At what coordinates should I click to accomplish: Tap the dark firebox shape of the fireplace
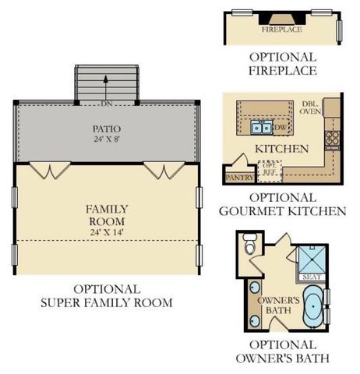pyautogui.click(x=281, y=16)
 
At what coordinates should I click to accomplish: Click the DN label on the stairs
pyautogui.click(x=106, y=103)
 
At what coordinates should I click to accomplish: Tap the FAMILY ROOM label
pyautogui.click(x=106, y=215)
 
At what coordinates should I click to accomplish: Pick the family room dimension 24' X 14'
pyautogui.click(x=106, y=231)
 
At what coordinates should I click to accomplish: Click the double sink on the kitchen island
pyautogui.click(x=261, y=128)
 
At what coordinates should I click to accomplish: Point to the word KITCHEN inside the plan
pyautogui.click(x=282, y=149)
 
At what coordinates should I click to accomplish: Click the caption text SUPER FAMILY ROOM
pyautogui.click(x=106, y=302)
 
